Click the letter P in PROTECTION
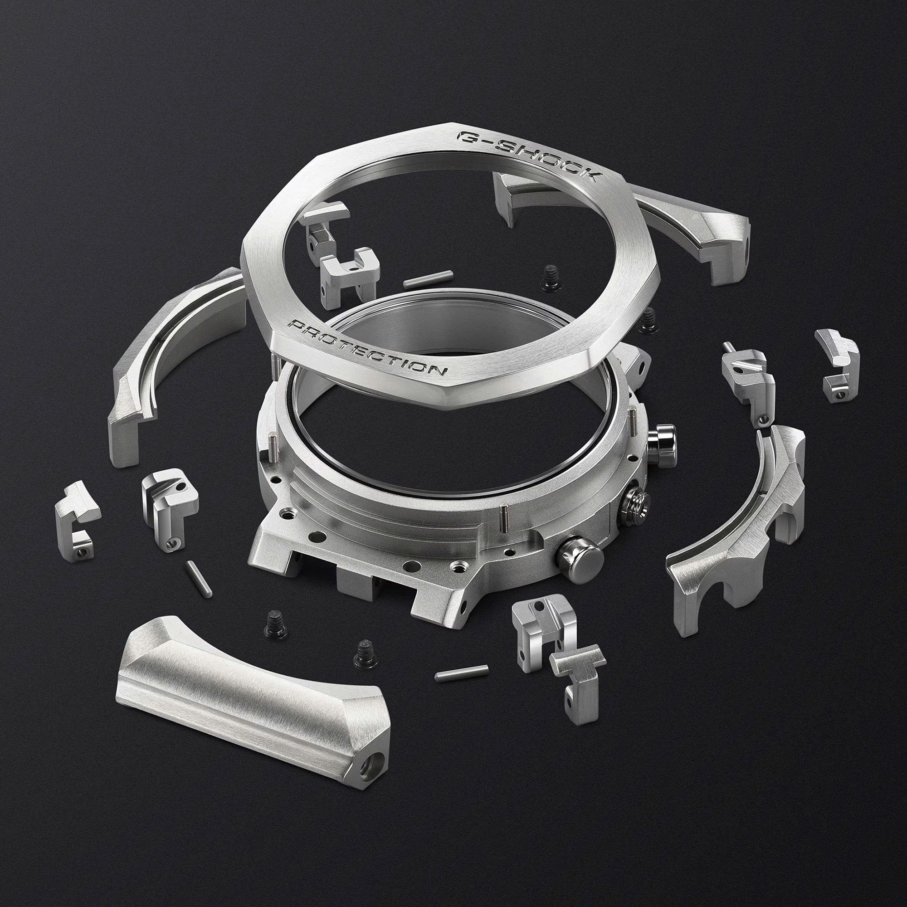pos(297,325)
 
